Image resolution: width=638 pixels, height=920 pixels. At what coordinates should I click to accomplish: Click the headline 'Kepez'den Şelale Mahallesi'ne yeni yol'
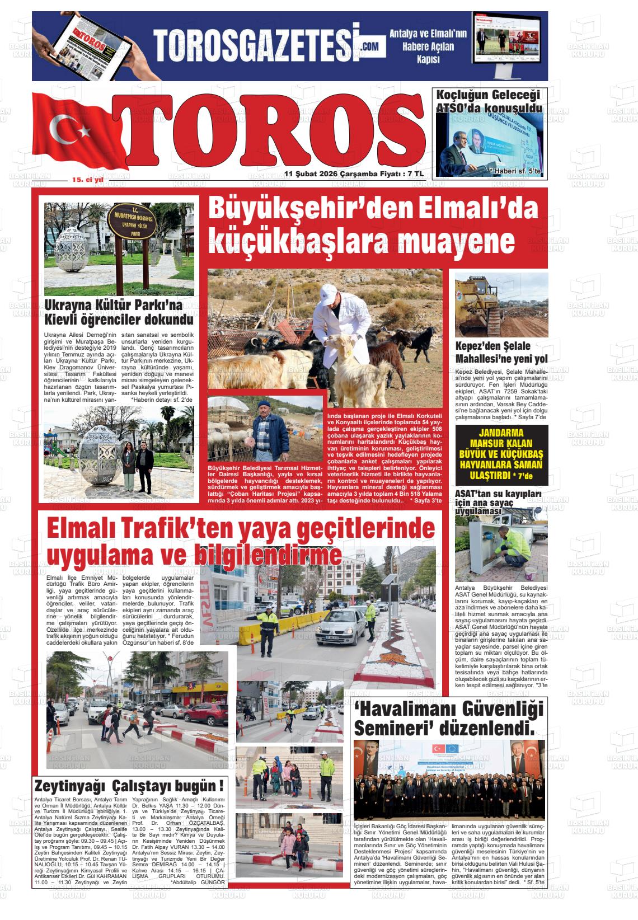click(501, 353)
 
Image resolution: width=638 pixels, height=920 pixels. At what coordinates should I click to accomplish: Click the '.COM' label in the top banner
click(369, 47)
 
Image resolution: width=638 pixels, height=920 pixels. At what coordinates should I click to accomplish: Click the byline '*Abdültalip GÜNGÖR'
click(198, 883)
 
